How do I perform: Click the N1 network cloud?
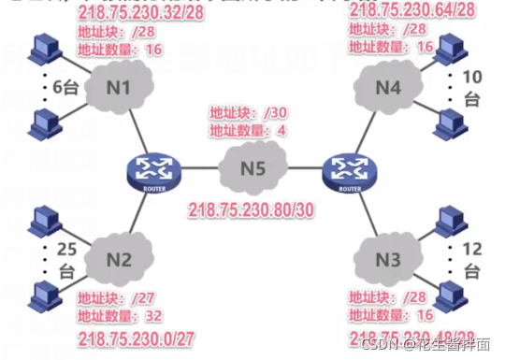(117, 92)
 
